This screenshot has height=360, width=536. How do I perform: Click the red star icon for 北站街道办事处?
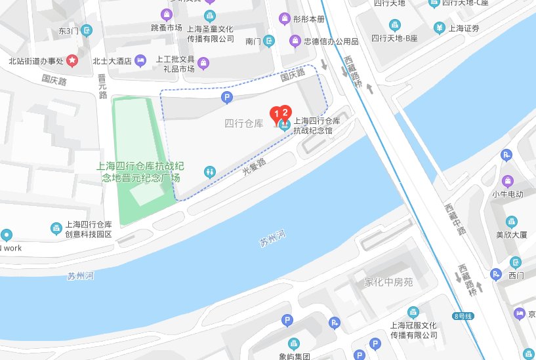[72, 62]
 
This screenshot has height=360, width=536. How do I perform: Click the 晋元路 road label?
[102, 86]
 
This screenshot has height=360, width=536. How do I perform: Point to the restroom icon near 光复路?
[209, 170]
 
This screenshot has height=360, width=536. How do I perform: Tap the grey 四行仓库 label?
[243, 123]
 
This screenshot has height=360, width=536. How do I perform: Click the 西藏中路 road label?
[453, 219]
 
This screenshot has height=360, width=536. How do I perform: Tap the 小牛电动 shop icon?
[508, 181]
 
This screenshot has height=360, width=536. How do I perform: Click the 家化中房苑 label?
[388, 283]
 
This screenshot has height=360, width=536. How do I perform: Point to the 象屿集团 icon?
[294, 343]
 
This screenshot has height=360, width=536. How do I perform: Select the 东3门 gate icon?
[87, 30]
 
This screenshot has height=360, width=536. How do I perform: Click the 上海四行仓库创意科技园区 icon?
[56, 228]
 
